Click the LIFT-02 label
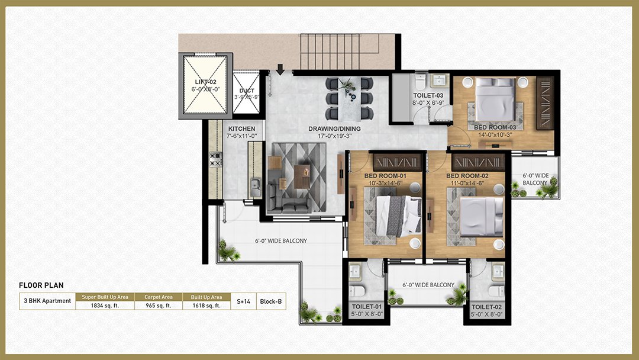pyautogui.click(x=205, y=82)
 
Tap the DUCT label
pyautogui.click(x=247, y=91)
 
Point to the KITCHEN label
pyautogui.click(x=241, y=128)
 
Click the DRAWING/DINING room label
pyautogui.click(x=334, y=129)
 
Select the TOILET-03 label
pyautogui.click(x=428, y=95)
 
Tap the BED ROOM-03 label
pyautogui.click(x=495, y=127)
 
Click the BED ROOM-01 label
pyautogui.click(x=386, y=176)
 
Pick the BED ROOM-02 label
pyautogui.click(x=467, y=176)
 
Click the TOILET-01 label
pyautogui.click(x=367, y=307)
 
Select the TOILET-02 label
pyautogui.click(x=486, y=307)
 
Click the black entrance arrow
pyautogui.click(x=280, y=69)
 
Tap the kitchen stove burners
pyautogui.click(x=215, y=159)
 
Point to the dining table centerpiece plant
pyautogui.click(x=348, y=86)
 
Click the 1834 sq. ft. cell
pyautogui.click(x=105, y=306)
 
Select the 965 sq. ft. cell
pyautogui.click(x=159, y=306)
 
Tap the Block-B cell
pyautogui.click(x=270, y=301)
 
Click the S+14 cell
pyautogui.click(x=243, y=301)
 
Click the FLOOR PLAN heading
pyautogui.click(x=41, y=285)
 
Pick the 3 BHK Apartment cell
pyautogui.click(x=47, y=301)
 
